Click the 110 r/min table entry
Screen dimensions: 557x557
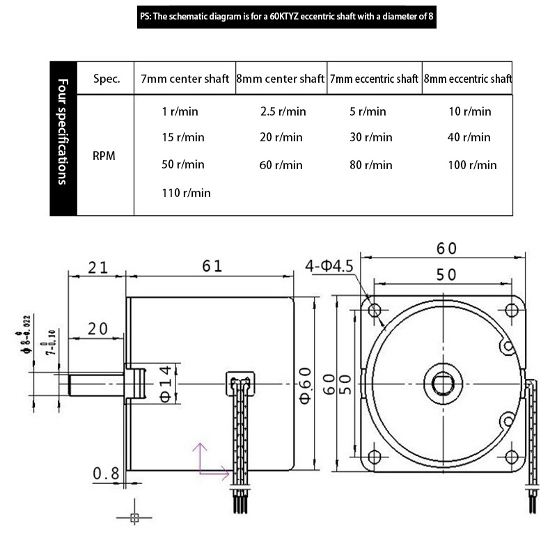pos(186,193)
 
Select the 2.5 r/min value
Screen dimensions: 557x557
pos(283,111)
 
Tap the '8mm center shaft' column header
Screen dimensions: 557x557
pos(281,79)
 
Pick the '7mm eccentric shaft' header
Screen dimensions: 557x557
pos(374,79)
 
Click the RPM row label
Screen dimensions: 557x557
pos(104,155)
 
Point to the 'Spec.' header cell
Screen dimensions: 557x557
pos(107,79)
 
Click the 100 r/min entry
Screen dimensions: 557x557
pos(472,165)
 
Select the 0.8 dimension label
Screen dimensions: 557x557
pos(106,473)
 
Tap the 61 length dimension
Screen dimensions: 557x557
pos(212,266)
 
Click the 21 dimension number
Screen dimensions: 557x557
pos(97,267)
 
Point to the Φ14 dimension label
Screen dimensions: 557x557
pos(166,384)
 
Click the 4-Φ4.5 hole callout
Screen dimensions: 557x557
pos(329,266)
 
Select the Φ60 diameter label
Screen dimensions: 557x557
pos(306,386)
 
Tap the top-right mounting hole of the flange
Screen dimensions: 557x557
pos(511,310)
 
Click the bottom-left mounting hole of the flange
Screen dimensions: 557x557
pos(374,456)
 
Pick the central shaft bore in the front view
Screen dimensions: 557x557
pos(443,384)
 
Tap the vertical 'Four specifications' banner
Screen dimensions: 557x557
pos(63,139)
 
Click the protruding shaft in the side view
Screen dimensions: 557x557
pos(96,385)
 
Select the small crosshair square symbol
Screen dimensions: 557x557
pos(134,518)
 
